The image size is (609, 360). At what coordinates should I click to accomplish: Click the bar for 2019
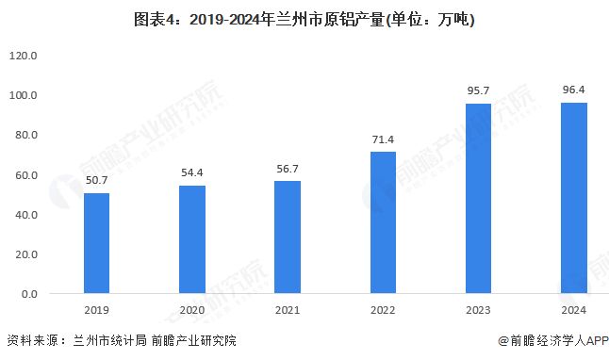coord(96,243)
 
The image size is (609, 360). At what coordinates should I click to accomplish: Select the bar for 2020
coord(192,239)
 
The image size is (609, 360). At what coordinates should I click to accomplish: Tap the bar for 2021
coord(288,237)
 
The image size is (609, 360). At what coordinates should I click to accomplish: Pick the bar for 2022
coord(383,222)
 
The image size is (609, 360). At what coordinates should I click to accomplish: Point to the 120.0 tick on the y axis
coord(23,56)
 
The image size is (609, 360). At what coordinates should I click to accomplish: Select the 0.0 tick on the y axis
coord(28,294)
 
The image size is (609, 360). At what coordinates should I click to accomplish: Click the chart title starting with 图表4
coord(304,19)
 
